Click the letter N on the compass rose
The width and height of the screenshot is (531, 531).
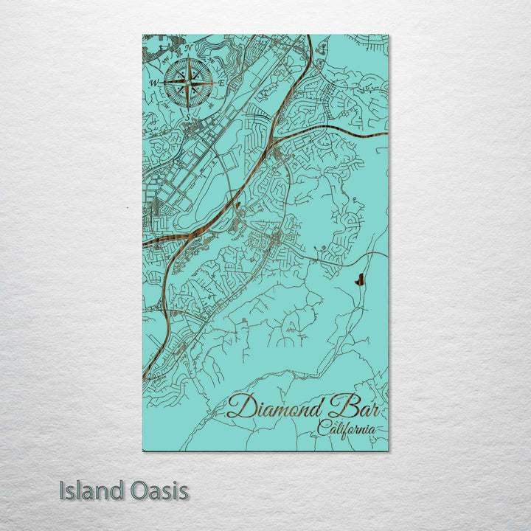point(187,49)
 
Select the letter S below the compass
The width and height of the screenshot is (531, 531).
point(187,116)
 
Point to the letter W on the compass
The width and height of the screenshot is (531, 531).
point(154,83)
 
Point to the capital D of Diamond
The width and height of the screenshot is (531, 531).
point(240,407)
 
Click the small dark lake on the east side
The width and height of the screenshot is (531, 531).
point(359,280)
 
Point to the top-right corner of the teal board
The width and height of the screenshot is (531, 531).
point(388,35)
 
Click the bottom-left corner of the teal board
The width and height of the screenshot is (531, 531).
point(142,450)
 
